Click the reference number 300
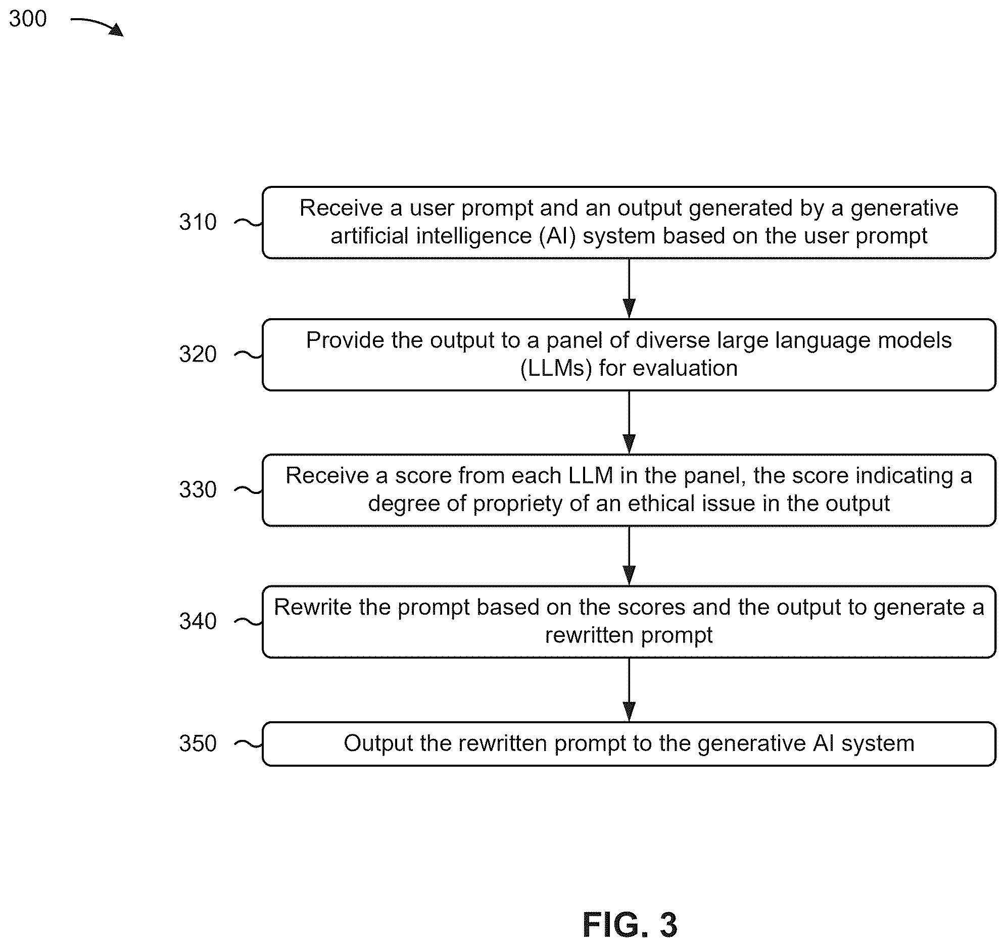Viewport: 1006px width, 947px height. [x=28, y=19]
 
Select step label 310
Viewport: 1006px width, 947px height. [x=198, y=222]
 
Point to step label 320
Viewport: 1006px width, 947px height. [x=198, y=354]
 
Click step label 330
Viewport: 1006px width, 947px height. [x=198, y=490]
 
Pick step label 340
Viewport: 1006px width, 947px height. [x=198, y=621]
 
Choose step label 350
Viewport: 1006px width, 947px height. [x=198, y=743]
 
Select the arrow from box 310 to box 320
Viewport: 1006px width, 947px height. [x=629, y=288]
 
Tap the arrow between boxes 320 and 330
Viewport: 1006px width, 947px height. [x=629, y=422]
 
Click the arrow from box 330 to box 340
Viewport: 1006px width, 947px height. [x=629, y=556]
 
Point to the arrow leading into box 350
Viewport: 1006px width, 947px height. [x=629, y=689]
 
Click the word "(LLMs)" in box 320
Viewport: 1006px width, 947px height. [x=556, y=368]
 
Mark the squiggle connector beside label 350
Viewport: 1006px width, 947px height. [x=249, y=743]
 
